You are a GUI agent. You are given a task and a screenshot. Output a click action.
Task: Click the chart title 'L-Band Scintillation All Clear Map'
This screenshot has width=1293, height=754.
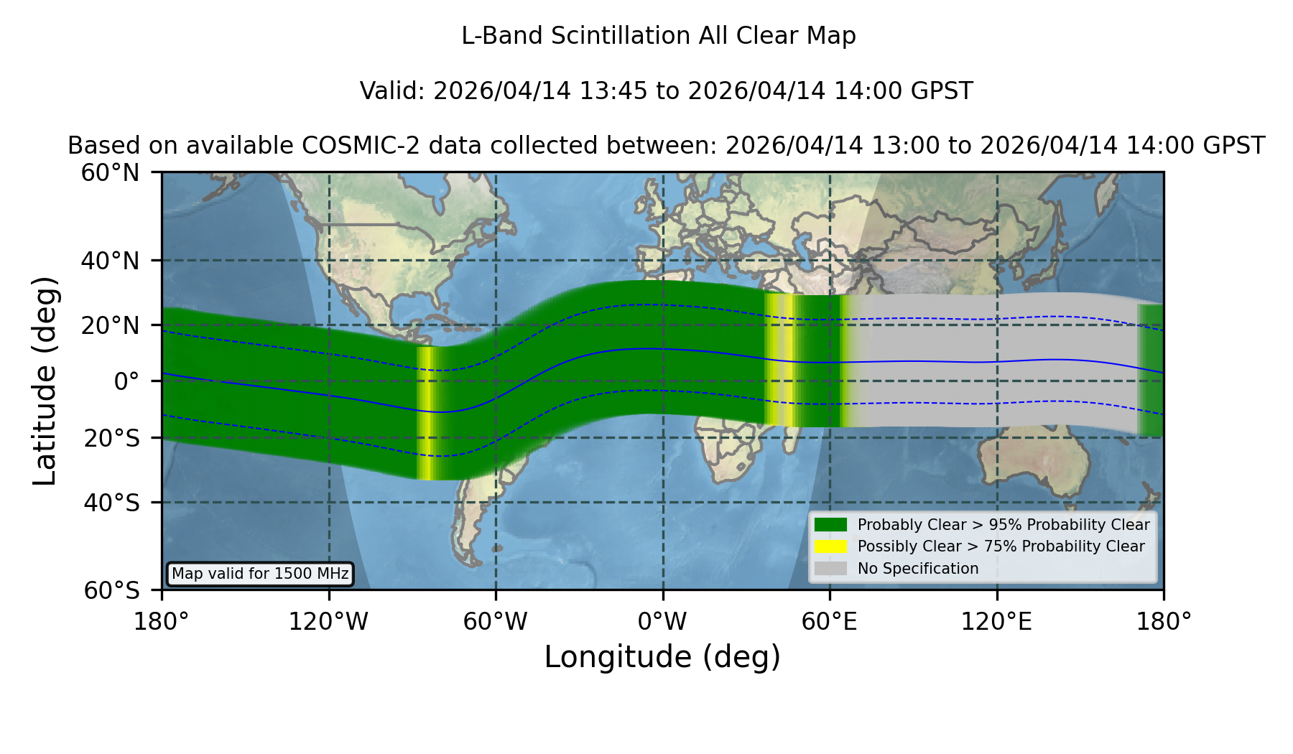(659, 36)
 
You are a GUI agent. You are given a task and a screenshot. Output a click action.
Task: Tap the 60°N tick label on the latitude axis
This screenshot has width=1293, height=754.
(111, 172)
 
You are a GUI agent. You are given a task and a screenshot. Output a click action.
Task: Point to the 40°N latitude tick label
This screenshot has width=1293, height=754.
(111, 261)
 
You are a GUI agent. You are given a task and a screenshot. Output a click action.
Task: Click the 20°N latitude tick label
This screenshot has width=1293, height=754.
(111, 325)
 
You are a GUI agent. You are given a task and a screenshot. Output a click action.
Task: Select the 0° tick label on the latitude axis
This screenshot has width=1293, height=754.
(126, 381)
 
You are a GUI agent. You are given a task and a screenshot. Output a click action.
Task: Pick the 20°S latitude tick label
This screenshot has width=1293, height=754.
(112, 437)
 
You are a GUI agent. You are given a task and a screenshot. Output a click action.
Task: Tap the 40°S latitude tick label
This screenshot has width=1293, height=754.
(112, 502)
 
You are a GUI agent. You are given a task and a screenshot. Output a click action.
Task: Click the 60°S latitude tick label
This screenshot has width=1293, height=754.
(112, 590)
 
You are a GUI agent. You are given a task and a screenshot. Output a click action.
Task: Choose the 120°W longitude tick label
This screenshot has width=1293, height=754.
(328, 621)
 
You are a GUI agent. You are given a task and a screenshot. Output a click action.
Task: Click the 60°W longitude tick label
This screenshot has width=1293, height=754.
(496, 621)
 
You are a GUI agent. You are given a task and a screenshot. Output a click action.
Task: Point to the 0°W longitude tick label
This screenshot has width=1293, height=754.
(662, 621)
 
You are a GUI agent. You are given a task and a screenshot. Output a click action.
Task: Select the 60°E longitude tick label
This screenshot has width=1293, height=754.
(830, 621)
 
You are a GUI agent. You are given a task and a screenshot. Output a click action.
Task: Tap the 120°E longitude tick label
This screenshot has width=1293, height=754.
(996, 621)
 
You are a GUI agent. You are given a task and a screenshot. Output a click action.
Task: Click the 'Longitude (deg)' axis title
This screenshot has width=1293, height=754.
(662, 657)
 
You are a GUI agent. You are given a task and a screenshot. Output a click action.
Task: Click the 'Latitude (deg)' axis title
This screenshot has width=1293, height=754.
(45, 381)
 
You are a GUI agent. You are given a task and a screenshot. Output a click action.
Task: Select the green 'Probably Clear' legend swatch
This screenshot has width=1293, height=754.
(831, 525)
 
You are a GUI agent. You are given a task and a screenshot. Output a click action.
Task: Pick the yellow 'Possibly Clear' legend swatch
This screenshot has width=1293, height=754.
(831, 546)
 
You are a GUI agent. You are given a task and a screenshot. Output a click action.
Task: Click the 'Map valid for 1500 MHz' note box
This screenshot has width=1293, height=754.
(260, 574)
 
